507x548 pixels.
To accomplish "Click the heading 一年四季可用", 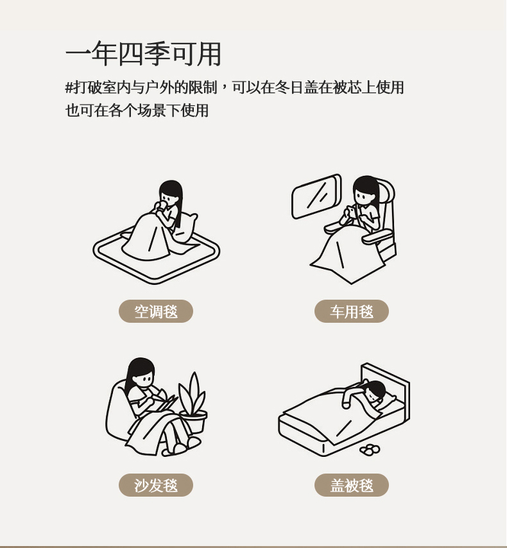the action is click(143, 54).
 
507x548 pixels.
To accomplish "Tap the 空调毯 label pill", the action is click(156, 311).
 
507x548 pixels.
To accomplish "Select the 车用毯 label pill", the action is click(352, 311).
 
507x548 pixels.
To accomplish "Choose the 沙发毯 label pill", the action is click(156, 484).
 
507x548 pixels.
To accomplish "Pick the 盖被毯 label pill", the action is click(352, 484).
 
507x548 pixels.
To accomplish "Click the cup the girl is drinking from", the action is click(162, 206).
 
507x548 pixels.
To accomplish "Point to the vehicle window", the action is click(316, 196).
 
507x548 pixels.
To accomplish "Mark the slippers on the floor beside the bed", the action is click(370, 450).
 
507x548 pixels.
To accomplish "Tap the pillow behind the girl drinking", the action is click(185, 227).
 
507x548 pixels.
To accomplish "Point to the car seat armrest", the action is click(377, 237).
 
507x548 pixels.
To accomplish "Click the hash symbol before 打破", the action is click(69, 87).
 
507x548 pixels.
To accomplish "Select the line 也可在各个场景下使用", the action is click(137, 110).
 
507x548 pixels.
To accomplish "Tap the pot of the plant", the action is click(193, 422).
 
